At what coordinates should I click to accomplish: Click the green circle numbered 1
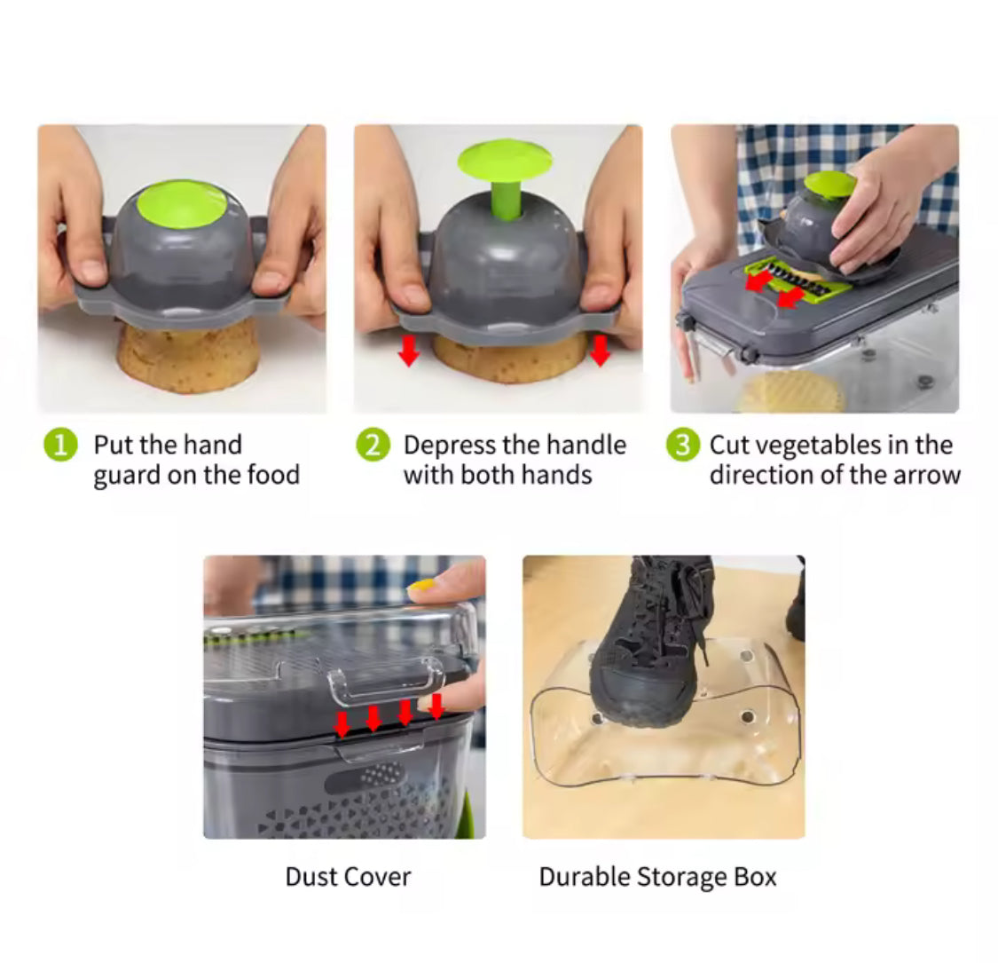click(x=60, y=445)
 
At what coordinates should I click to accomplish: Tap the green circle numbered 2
click(x=373, y=445)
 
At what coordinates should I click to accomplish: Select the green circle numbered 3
click(x=681, y=445)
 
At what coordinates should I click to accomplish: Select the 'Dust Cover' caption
click(x=348, y=877)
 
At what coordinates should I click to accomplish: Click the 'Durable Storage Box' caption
click(x=657, y=877)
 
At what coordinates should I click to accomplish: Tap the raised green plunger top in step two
click(x=504, y=160)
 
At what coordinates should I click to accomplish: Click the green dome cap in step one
click(x=182, y=203)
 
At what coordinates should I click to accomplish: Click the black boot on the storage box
click(x=652, y=639)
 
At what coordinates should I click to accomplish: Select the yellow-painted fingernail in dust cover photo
click(x=422, y=586)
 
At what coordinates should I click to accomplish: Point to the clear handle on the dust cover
click(x=386, y=682)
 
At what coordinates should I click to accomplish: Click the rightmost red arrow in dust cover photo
click(x=436, y=706)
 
